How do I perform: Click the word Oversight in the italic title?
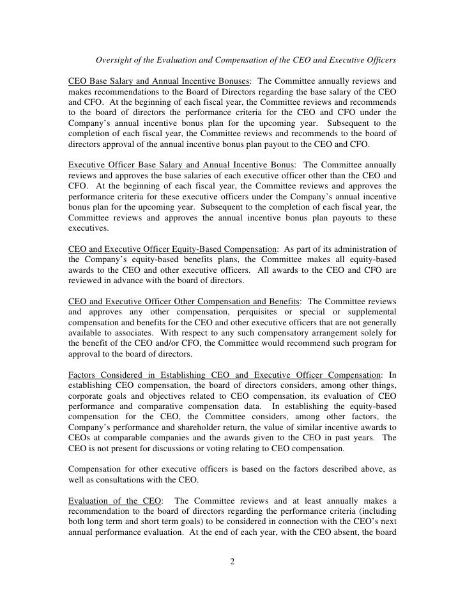(115, 61)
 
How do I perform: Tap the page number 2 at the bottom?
(232, 562)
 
